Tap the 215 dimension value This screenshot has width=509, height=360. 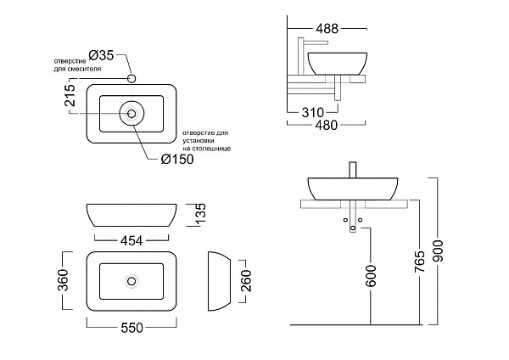pos(70,100)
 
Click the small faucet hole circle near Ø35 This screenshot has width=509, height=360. pos(132,79)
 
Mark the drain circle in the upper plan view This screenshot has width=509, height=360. pos(131,111)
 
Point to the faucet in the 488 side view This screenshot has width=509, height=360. pos(307,50)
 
